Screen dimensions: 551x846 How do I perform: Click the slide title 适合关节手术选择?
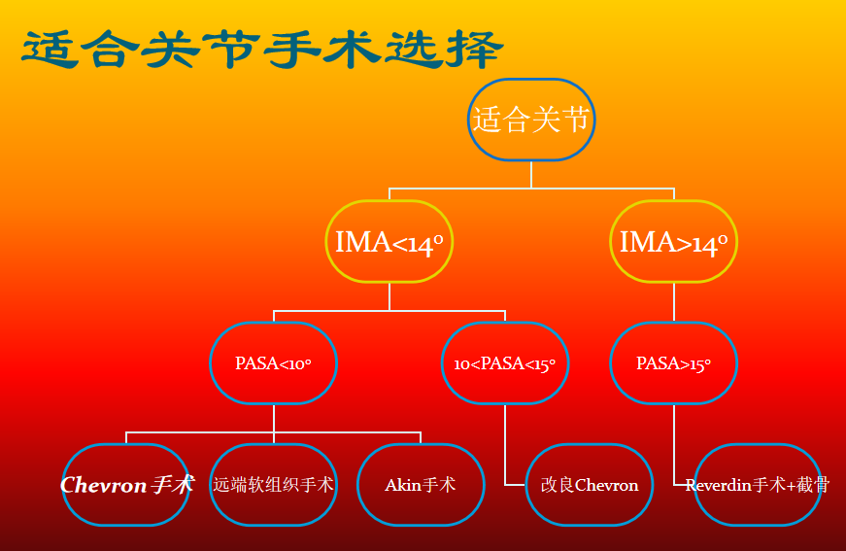point(262,48)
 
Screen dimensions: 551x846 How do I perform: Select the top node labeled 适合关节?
point(530,121)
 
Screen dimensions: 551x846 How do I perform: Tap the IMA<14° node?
point(389,242)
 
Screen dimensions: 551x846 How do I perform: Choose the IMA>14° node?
point(673,242)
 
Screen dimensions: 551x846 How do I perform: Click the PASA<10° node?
point(273,363)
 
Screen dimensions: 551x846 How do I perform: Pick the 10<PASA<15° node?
point(505,363)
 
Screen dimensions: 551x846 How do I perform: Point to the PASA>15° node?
point(673,363)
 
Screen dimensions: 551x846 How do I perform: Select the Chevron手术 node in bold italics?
point(126,484)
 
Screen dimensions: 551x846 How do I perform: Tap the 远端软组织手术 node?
point(273,484)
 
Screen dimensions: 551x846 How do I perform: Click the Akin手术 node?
point(420,484)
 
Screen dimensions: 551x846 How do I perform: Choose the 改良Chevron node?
point(590,484)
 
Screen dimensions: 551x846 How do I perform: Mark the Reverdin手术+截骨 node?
point(758,484)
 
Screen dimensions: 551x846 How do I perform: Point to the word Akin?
point(403,485)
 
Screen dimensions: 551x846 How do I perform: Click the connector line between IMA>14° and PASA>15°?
point(673,301)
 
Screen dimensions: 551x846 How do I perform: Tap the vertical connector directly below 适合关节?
point(530,174)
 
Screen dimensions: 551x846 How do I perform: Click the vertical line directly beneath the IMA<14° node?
point(389,296)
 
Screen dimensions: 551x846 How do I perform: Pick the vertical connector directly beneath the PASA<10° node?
point(273,418)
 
